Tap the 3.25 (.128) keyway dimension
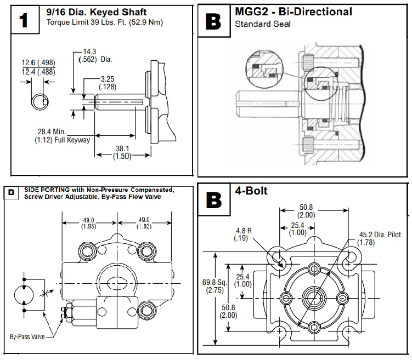(x=107, y=83)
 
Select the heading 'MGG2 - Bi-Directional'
(x=293, y=11)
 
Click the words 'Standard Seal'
(x=255, y=24)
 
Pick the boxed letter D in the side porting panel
(x=11, y=192)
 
